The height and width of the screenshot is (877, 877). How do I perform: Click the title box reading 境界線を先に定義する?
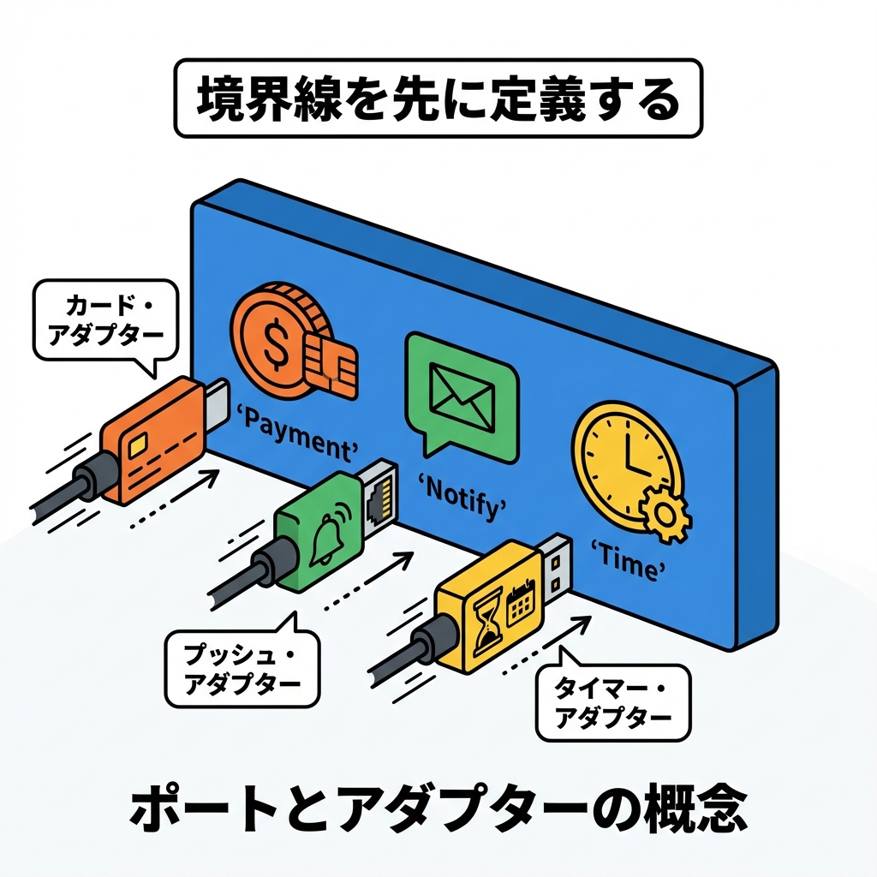coord(438,98)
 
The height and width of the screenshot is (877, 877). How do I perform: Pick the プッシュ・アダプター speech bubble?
coord(242,669)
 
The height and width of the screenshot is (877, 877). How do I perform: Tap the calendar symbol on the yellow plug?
coord(520,604)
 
